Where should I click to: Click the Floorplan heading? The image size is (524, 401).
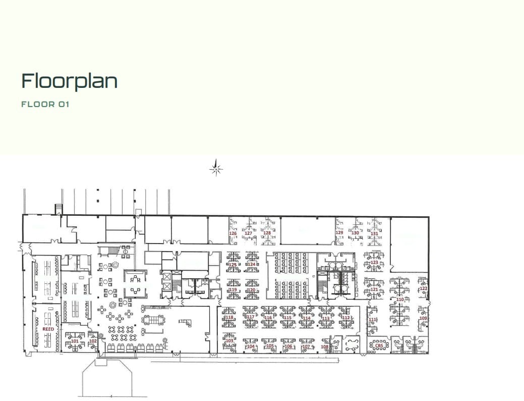click(x=70, y=81)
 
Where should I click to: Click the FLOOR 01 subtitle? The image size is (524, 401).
click(x=45, y=105)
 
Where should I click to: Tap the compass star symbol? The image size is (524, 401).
click(x=216, y=169)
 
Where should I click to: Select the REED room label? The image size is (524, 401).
click(x=48, y=329)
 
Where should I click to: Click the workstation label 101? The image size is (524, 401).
click(x=75, y=341)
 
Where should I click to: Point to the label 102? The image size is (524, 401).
click(x=93, y=341)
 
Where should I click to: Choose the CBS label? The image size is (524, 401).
click(x=386, y=346)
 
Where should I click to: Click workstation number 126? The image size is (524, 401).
click(x=233, y=233)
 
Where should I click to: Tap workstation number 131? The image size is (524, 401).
click(x=374, y=233)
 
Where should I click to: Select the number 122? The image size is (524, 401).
click(x=423, y=288)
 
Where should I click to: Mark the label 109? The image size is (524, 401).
click(x=423, y=318)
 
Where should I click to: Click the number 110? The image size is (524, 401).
click(x=400, y=299)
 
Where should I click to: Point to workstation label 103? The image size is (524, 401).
click(x=229, y=340)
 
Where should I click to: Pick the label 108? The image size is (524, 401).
click(x=325, y=346)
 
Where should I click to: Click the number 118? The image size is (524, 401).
click(x=229, y=317)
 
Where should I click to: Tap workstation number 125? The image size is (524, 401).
click(x=233, y=264)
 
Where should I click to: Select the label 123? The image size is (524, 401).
click(x=374, y=263)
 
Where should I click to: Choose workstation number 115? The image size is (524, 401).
click(x=287, y=318)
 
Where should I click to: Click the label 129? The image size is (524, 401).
click(x=339, y=233)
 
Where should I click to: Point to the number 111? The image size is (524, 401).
click(x=372, y=320)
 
